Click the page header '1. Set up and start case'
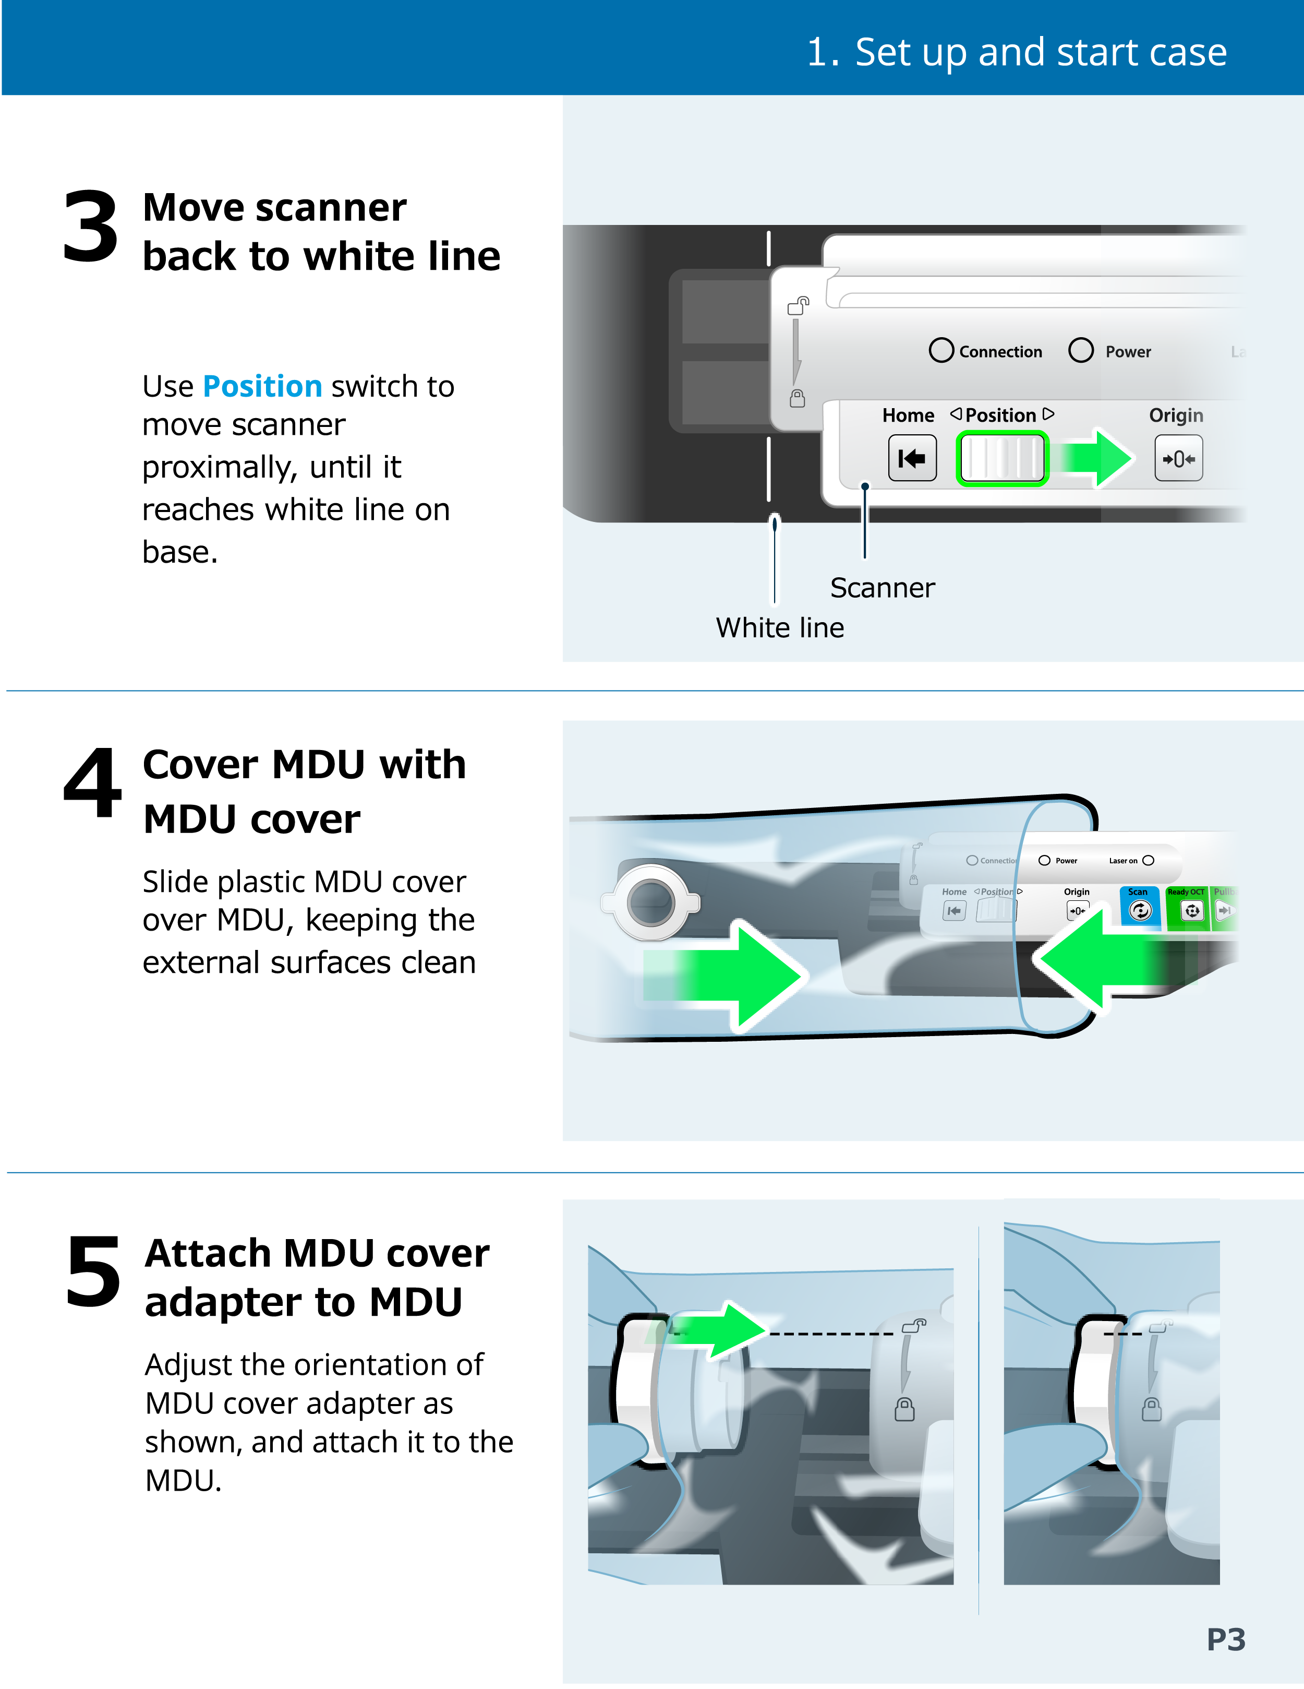1017,53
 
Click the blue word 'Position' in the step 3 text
262,386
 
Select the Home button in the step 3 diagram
912,458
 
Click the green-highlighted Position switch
1003,458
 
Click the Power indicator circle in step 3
1081,350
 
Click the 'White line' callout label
780,627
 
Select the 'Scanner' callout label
883,588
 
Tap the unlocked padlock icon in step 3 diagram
799,305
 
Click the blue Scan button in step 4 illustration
1139,906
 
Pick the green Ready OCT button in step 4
1187,907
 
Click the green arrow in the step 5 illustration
715,1330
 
